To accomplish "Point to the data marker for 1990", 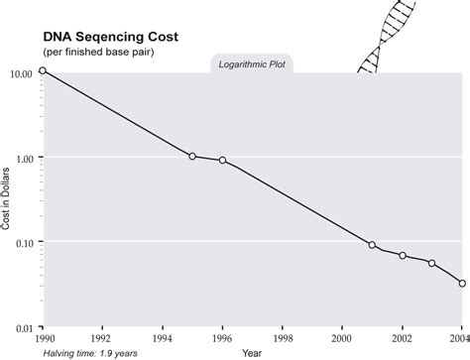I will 42,71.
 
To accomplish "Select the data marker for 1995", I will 192,156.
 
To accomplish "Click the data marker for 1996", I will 222,160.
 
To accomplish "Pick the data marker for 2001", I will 373,244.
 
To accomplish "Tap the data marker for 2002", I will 403,255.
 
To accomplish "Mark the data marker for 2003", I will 431,263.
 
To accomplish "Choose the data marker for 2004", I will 462,283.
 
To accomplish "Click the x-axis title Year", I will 252,352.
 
